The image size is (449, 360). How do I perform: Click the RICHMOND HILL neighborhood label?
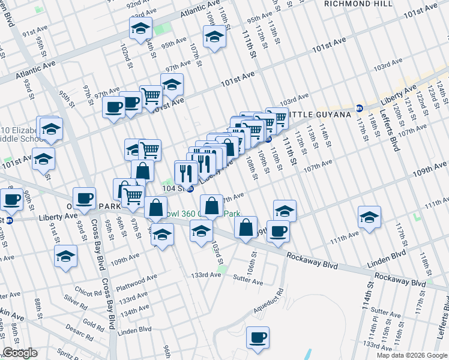pos(358,3)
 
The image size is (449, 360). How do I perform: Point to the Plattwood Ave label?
pos(138,278)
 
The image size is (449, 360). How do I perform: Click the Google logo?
pos(20,353)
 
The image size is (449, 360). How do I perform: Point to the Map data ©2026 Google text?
pos(411,355)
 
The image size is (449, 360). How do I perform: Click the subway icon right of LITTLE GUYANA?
pos(360,108)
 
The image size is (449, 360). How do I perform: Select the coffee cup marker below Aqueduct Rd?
pos(258,337)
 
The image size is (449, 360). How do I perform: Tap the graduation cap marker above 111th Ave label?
pos(369,217)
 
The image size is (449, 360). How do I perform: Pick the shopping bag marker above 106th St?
pos(246,227)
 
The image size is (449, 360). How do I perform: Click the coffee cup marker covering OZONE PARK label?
pos(84,198)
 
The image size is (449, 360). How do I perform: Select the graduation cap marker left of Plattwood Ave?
pos(66,256)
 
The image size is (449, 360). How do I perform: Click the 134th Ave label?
pos(135,313)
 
